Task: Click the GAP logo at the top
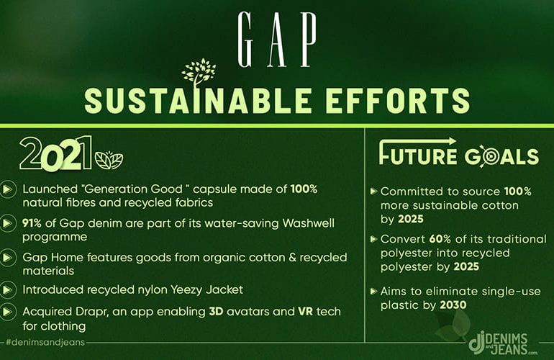(277, 40)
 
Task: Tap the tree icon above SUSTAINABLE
(199, 73)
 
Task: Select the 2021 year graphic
(55, 153)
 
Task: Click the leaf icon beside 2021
(109, 160)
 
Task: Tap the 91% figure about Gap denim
(32, 223)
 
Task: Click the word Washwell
(309, 223)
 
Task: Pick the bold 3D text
(216, 312)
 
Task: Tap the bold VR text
(306, 312)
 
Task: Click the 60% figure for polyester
(440, 239)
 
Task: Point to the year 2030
(453, 305)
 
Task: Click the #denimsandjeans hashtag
(45, 342)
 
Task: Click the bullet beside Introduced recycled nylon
(7, 290)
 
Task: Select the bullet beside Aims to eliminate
(373, 292)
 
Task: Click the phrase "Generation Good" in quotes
(135, 189)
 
